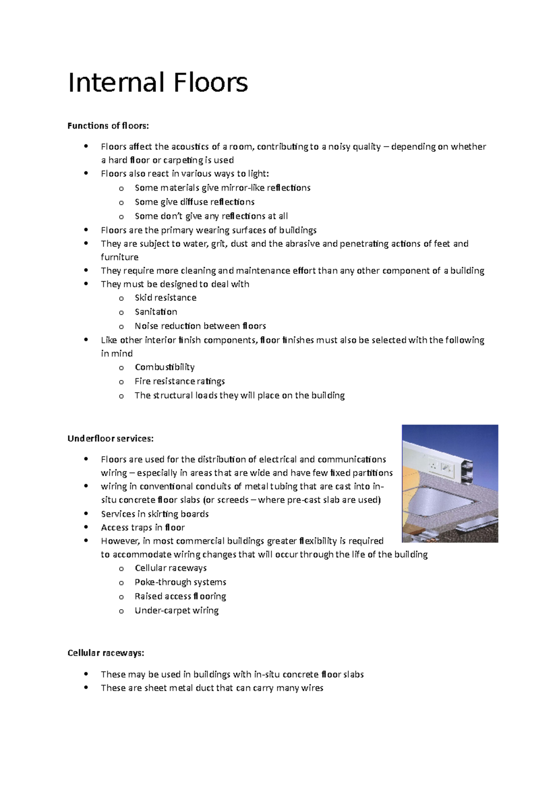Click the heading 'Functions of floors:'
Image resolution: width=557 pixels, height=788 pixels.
point(109,126)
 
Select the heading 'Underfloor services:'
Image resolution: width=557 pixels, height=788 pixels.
point(110,439)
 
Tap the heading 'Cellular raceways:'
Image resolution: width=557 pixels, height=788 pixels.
point(106,653)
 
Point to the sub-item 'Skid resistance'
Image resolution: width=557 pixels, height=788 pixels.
point(165,298)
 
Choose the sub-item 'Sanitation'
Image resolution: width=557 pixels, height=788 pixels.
point(155,312)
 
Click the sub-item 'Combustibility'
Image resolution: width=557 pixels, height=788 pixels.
point(164,367)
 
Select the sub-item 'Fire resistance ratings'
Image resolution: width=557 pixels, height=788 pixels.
point(180,381)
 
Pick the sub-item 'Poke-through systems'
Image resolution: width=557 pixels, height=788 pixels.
point(180,582)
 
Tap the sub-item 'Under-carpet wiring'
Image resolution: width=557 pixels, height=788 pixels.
point(176,610)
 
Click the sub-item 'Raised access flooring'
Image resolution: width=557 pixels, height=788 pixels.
point(180,596)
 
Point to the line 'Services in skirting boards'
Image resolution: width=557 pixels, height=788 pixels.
point(155,514)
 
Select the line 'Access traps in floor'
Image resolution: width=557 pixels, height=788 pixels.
point(142,528)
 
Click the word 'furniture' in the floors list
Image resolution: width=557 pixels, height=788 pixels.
point(119,257)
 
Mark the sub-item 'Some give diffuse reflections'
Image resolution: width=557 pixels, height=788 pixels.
point(194,202)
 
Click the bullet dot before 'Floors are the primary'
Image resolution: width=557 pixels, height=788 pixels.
point(86,230)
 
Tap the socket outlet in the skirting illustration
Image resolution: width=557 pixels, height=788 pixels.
point(434,465)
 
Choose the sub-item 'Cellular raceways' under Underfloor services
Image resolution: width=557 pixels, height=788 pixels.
point(170,568)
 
